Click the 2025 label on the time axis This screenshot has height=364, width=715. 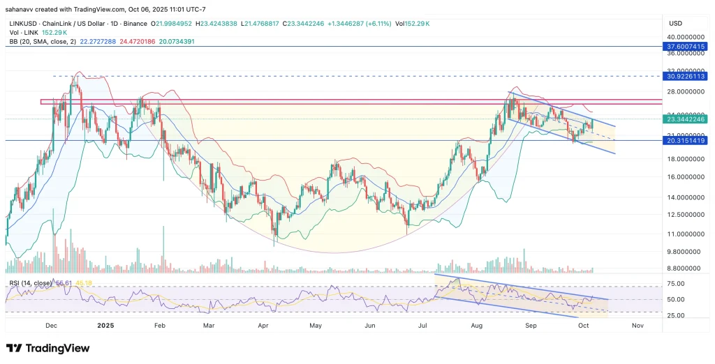coord(105,326)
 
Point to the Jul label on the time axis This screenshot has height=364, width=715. coord(423,326)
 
